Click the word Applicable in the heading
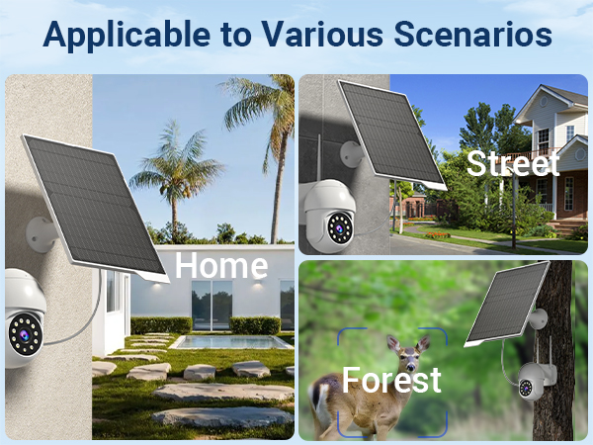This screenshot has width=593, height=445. click(114, 36)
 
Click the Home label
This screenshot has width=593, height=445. click(221, 265)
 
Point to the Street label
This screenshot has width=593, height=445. click(513, 163)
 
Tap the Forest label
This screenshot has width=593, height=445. click(391, 381)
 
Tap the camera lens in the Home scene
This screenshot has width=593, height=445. click(20, 335)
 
